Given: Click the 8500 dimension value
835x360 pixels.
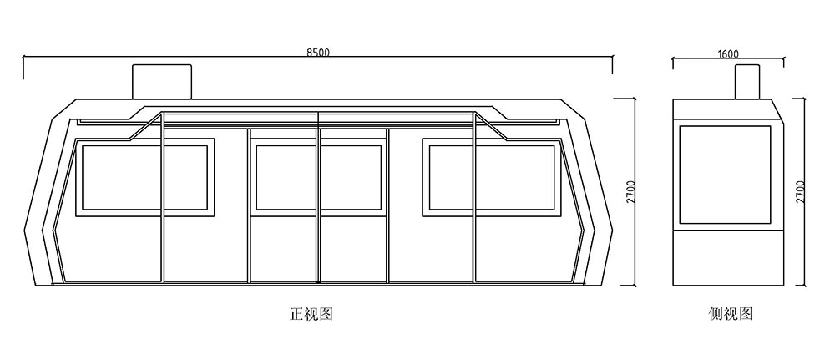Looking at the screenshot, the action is (x=318, y=52).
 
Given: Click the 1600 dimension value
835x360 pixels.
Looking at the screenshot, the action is (x=728, y=53).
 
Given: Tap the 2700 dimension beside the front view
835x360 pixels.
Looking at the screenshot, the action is (x=630, y=194).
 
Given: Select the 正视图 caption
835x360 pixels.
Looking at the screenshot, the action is (x=311, y=314).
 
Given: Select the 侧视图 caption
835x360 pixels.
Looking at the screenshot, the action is (x=731, y=314).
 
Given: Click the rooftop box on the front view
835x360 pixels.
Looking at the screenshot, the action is (x=162, y=82).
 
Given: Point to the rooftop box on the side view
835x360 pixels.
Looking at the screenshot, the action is (x=748, y=82).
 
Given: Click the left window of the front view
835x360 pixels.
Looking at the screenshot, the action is (x=144, y=178).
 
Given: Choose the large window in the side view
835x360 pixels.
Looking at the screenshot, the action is (x=725, y=175).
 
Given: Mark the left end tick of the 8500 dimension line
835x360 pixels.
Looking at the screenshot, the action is (x=23, y=67).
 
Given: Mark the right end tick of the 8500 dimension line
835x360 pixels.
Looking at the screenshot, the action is (x=612, y=64).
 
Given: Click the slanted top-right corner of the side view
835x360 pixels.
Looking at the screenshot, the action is (x=777, y=110).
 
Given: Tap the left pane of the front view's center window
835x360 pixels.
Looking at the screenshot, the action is (x=286, y=178).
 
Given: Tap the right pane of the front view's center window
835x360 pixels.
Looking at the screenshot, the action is (x=352, y=178).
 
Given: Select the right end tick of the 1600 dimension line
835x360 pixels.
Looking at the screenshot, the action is (x=784, y=63).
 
